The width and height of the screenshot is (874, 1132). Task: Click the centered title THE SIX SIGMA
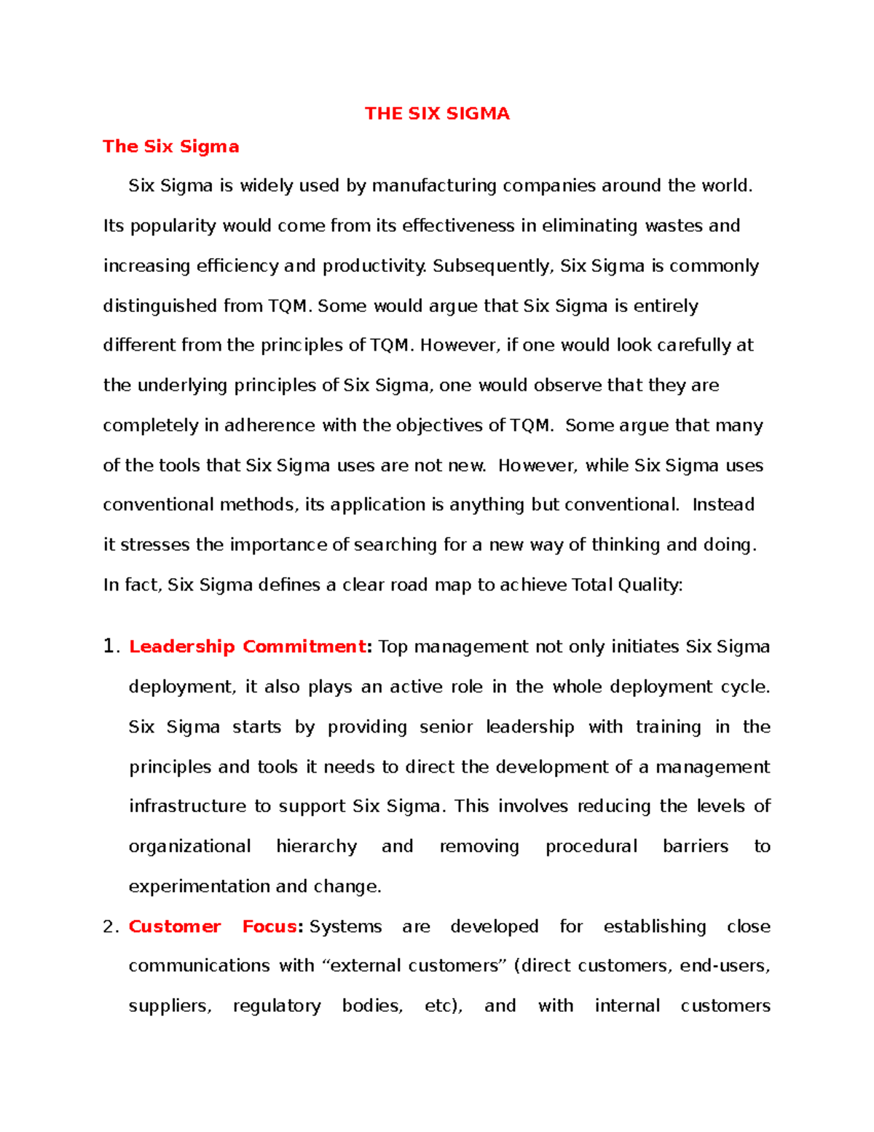[437, 114]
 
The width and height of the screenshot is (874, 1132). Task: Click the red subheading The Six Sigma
[171, 147]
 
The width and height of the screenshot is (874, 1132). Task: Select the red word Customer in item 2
[175, 926]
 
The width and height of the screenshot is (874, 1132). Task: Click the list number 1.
[109, 647]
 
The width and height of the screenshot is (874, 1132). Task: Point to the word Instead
[723, 505]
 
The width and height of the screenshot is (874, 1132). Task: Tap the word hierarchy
[317, 846]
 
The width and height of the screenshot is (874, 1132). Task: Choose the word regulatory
[277, 1006]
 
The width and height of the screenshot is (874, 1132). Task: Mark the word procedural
[591, 846]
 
